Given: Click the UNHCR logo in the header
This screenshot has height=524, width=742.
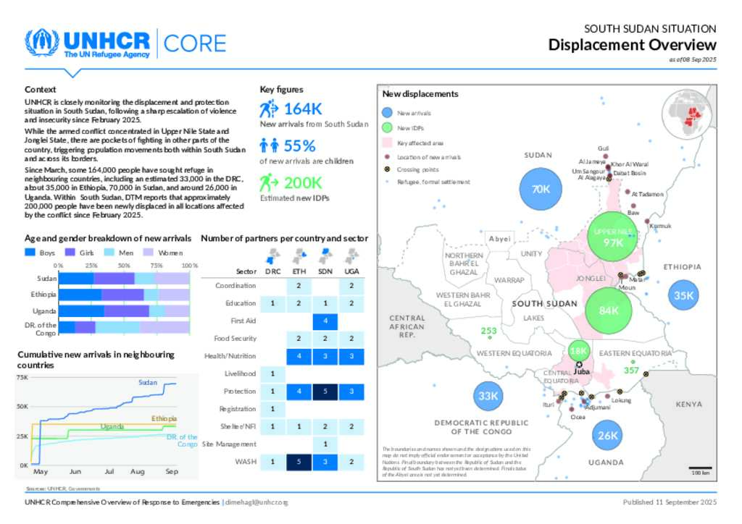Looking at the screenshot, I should [x=87, y=43].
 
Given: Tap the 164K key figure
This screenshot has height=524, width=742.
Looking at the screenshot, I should [x=302, y=109].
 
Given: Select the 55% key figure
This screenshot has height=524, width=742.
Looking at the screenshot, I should [x=299, y=145].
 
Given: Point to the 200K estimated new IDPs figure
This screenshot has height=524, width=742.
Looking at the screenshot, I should [x=302, y=182].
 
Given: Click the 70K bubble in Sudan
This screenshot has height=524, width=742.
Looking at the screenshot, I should [x=541, y=189].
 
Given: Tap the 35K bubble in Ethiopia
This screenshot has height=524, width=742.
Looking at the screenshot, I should [x=683, y=295].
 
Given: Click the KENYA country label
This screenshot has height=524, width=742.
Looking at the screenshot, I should [x=689, y=404].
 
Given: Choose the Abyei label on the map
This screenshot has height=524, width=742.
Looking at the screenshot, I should [x=500, y=239].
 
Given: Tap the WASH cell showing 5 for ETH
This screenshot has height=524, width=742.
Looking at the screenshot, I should [x=299, y=461].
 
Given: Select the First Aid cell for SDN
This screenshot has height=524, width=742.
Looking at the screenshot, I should [x=325, y=321].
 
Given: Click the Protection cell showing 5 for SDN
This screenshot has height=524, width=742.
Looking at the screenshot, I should [x=325, y=391].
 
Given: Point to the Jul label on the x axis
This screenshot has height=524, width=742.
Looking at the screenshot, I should [x=109, y=472].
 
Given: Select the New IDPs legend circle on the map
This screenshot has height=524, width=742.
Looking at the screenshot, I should [x=388, y=128].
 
